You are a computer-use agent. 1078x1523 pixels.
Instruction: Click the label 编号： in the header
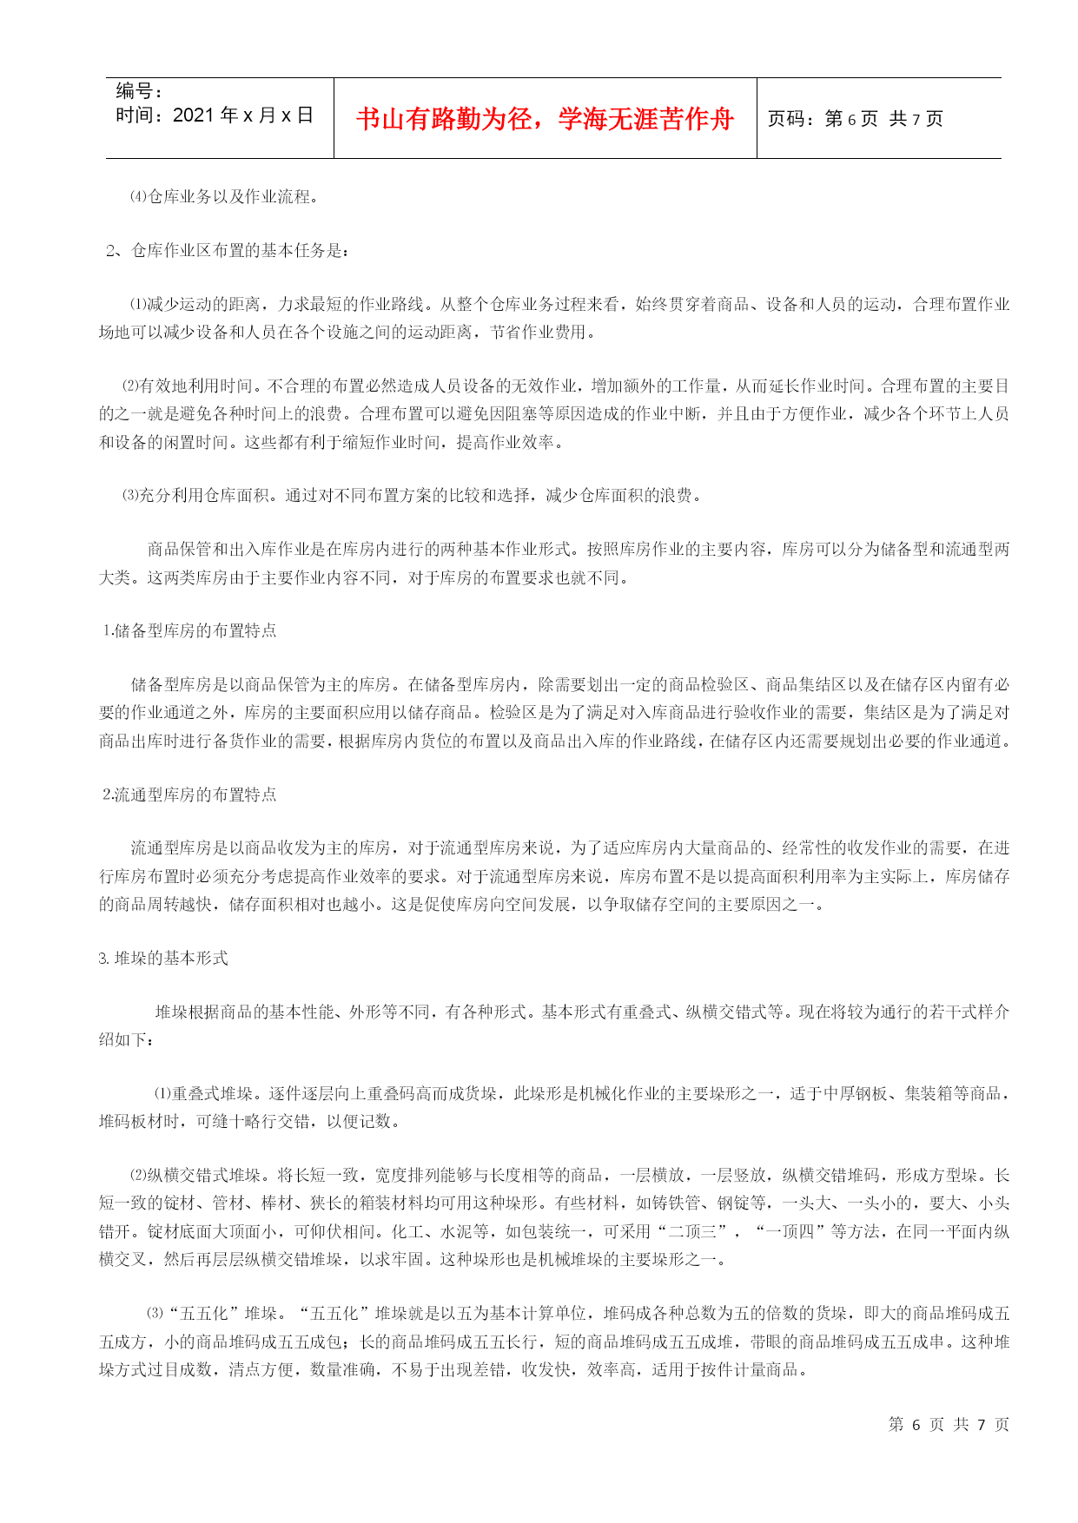click(x=140, y=91)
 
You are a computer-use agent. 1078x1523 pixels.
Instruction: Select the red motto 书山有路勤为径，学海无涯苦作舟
click(x=545, y=119)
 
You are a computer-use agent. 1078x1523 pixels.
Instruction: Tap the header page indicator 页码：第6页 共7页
click(x=855, y=119)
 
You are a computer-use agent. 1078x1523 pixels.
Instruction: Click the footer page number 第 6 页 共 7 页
click(x=948, y=1424)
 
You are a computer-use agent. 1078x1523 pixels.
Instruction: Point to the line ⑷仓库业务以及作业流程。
click(x=224, y=197)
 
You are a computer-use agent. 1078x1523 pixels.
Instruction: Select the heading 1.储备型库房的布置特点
click(x=189, y=630)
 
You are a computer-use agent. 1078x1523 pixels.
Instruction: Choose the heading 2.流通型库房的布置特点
click(x=189, y=794)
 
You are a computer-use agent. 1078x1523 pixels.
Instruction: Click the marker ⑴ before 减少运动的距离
click(x=138, y=305)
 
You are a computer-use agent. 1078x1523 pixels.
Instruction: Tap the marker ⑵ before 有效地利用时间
click(x=129, y=386)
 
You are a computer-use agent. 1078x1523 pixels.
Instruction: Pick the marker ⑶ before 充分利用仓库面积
click(x=129, y=495)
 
